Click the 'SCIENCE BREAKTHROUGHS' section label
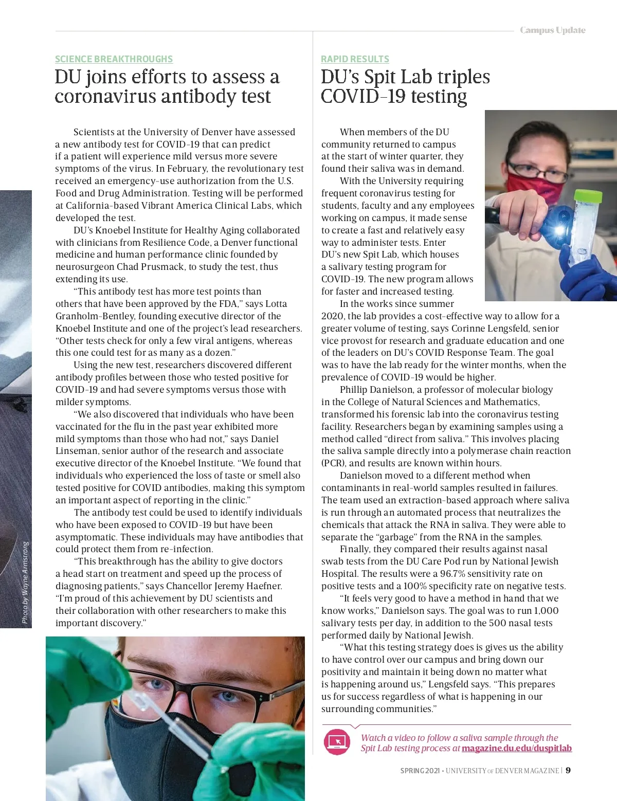click(x=114, y=59)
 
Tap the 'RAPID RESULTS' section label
click(x=355, y=59)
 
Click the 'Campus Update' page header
click(x=552, y=30)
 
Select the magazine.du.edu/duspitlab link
click(x=516, y=748)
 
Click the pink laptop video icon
click(x=337, y=741)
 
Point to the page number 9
click(x=568, y=770)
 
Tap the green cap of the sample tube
click(x=588, y=195)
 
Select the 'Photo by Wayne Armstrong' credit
click(x=25, y=582)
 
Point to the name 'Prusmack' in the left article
click(x=165, y=267)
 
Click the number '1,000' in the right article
click(x=546, y=611)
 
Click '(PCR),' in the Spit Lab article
click(x=334, y=463)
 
